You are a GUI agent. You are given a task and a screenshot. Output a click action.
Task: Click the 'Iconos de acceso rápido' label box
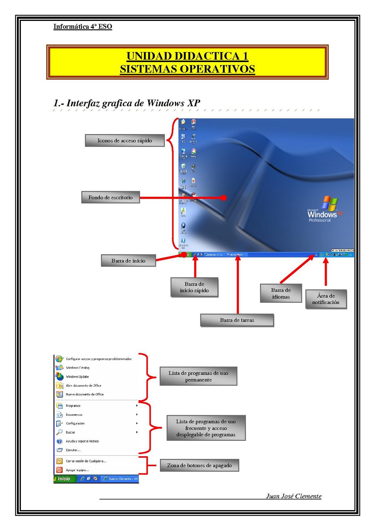click(125, 140)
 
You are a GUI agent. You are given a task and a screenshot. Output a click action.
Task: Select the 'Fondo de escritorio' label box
click(110, 197)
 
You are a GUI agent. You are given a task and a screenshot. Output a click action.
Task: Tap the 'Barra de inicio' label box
click(128, 261)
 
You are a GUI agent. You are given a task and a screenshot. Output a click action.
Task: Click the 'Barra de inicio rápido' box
click(194, 287)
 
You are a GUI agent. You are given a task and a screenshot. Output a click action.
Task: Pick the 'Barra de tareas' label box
click(237, 320)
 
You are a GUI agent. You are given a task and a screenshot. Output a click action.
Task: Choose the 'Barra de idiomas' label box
click(281, 293)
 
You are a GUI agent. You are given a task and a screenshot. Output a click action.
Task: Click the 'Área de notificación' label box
click(326, 299)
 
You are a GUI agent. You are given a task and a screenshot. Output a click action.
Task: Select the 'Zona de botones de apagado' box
click(199, 465)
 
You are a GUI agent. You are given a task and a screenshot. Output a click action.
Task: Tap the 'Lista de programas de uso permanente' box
click(198, 376)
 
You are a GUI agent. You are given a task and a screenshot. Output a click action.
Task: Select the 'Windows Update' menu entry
click(77, 377)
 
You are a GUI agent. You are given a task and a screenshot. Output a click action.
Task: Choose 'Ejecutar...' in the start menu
click(73, 450)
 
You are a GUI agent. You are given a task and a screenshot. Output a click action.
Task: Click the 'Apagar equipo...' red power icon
click(59, 470)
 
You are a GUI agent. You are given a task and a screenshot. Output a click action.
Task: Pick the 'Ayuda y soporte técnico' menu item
click(82, 441)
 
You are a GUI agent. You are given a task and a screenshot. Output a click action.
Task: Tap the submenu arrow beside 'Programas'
click(137, 406)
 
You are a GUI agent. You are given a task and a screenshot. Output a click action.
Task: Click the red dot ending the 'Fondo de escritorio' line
click(224, 198)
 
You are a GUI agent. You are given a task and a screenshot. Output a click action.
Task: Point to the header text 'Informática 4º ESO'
click(83, 27)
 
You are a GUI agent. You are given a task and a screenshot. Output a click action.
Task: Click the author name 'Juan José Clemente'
click(293, 496)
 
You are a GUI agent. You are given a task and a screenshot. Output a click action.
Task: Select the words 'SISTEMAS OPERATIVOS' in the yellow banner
click(187, 69)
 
